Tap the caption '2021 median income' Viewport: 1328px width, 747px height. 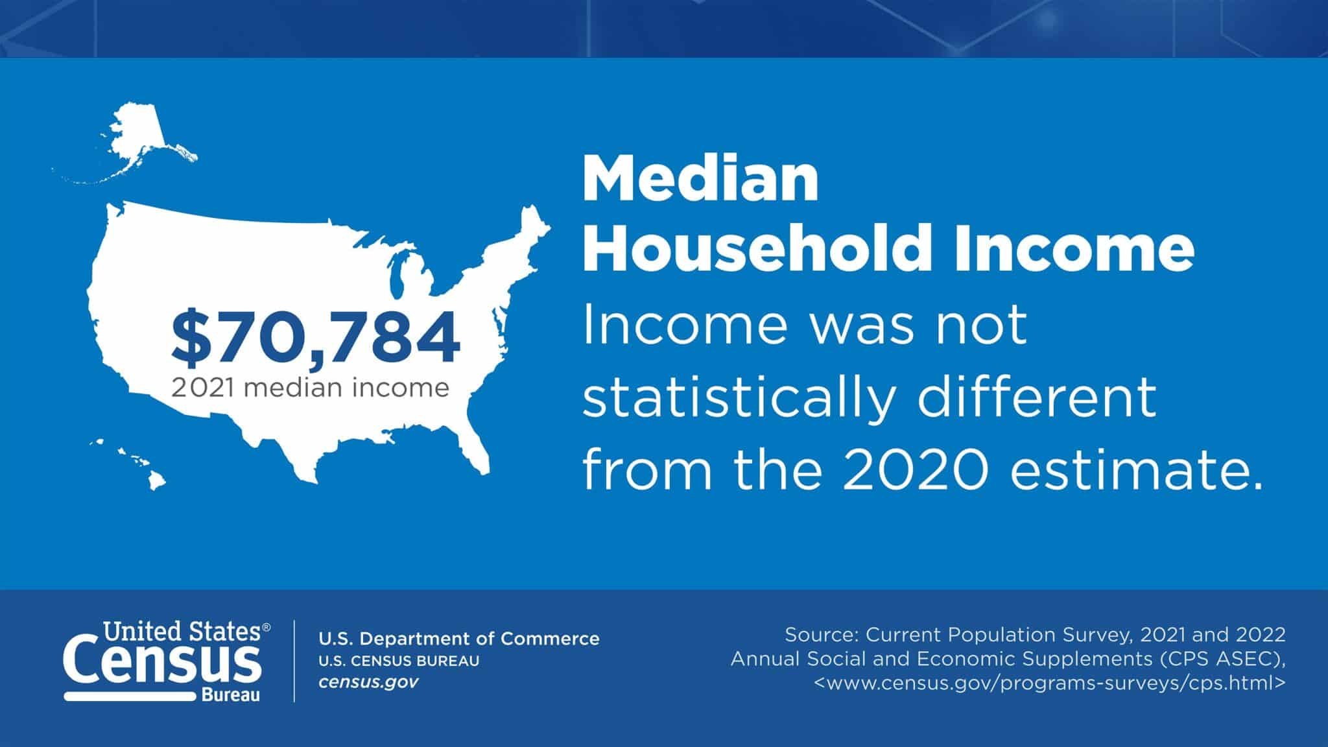coord(310,388)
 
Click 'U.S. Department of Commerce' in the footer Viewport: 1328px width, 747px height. coord(459,639)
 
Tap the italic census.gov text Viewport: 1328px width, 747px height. coord(368,682)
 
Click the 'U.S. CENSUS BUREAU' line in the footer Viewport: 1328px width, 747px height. coord(399,661)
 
